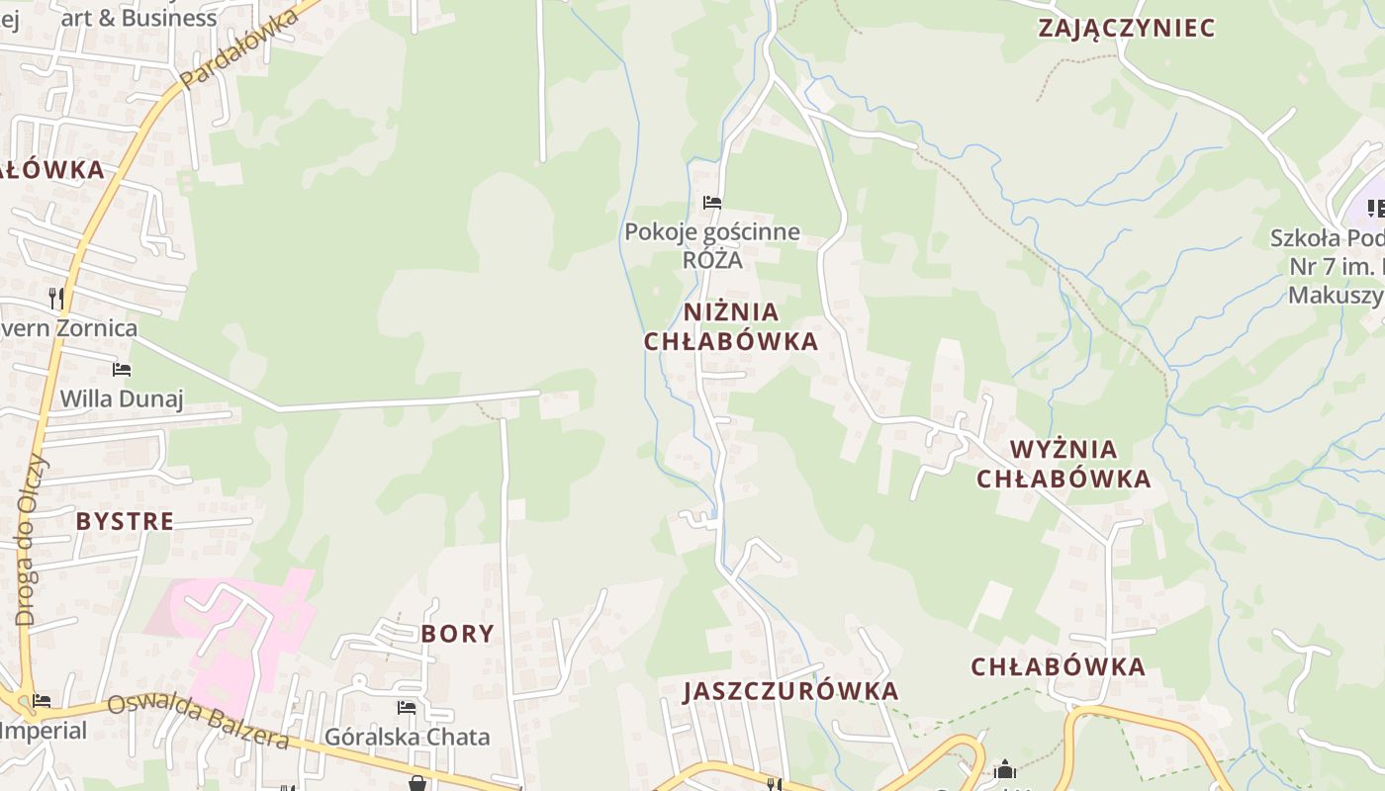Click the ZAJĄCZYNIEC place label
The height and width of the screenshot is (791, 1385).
coord(1126,28)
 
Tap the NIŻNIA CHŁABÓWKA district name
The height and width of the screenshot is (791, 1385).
coord(731,327)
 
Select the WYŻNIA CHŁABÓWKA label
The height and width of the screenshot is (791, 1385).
coord(1063,465)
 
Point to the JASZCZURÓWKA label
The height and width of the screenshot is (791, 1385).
coord(790,691)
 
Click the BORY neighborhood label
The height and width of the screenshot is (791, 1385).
coord(457,634)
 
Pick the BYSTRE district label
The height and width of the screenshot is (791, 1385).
coord(125,521)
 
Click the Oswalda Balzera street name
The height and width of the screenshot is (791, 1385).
coord(198,723)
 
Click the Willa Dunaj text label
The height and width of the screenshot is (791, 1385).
coord(122,399)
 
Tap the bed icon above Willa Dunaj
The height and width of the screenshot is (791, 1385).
coord(122,370)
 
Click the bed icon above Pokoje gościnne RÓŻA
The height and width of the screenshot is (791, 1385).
coord(711,203)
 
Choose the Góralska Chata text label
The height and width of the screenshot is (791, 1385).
coord(407,738)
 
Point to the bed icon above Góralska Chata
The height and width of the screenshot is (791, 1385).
coord(407,708)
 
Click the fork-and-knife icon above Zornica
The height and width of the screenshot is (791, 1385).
coord(56,298)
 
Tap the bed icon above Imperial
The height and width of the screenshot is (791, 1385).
coord(41,701)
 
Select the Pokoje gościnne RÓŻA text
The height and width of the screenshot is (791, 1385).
coord(711,246)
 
